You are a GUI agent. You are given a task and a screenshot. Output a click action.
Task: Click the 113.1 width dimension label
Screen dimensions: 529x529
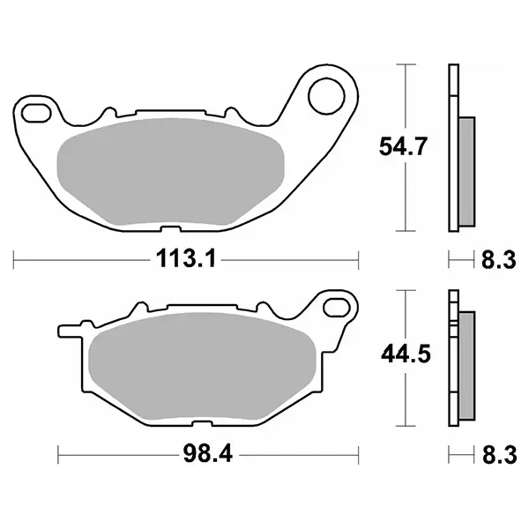point(185,259)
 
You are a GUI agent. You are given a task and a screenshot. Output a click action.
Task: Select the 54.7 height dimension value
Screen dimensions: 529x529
point(403,146)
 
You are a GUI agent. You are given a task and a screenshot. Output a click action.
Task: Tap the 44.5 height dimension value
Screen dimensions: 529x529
point(406,354)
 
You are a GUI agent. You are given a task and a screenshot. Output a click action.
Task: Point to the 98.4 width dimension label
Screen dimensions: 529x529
point(208,454)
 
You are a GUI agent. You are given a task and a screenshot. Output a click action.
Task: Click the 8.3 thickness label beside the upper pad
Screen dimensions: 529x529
point(499,260)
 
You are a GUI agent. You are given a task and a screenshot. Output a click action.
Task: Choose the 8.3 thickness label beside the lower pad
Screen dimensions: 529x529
point(499,454)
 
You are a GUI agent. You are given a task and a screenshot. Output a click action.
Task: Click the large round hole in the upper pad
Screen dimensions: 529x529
point(327,96)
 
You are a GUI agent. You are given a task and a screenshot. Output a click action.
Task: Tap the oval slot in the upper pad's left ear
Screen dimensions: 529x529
point(36,113)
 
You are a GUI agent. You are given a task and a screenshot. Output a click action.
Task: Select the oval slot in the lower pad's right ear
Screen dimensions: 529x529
point(337,307)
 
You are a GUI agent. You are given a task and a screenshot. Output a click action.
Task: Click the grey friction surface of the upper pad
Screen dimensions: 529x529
point(171,171)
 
